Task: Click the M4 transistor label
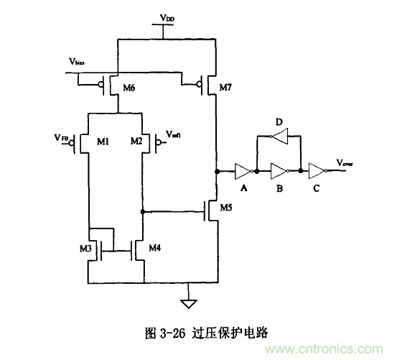[x=154, y=249]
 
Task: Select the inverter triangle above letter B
[x=277, y=172]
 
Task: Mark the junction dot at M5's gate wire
[x=143, y=212]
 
